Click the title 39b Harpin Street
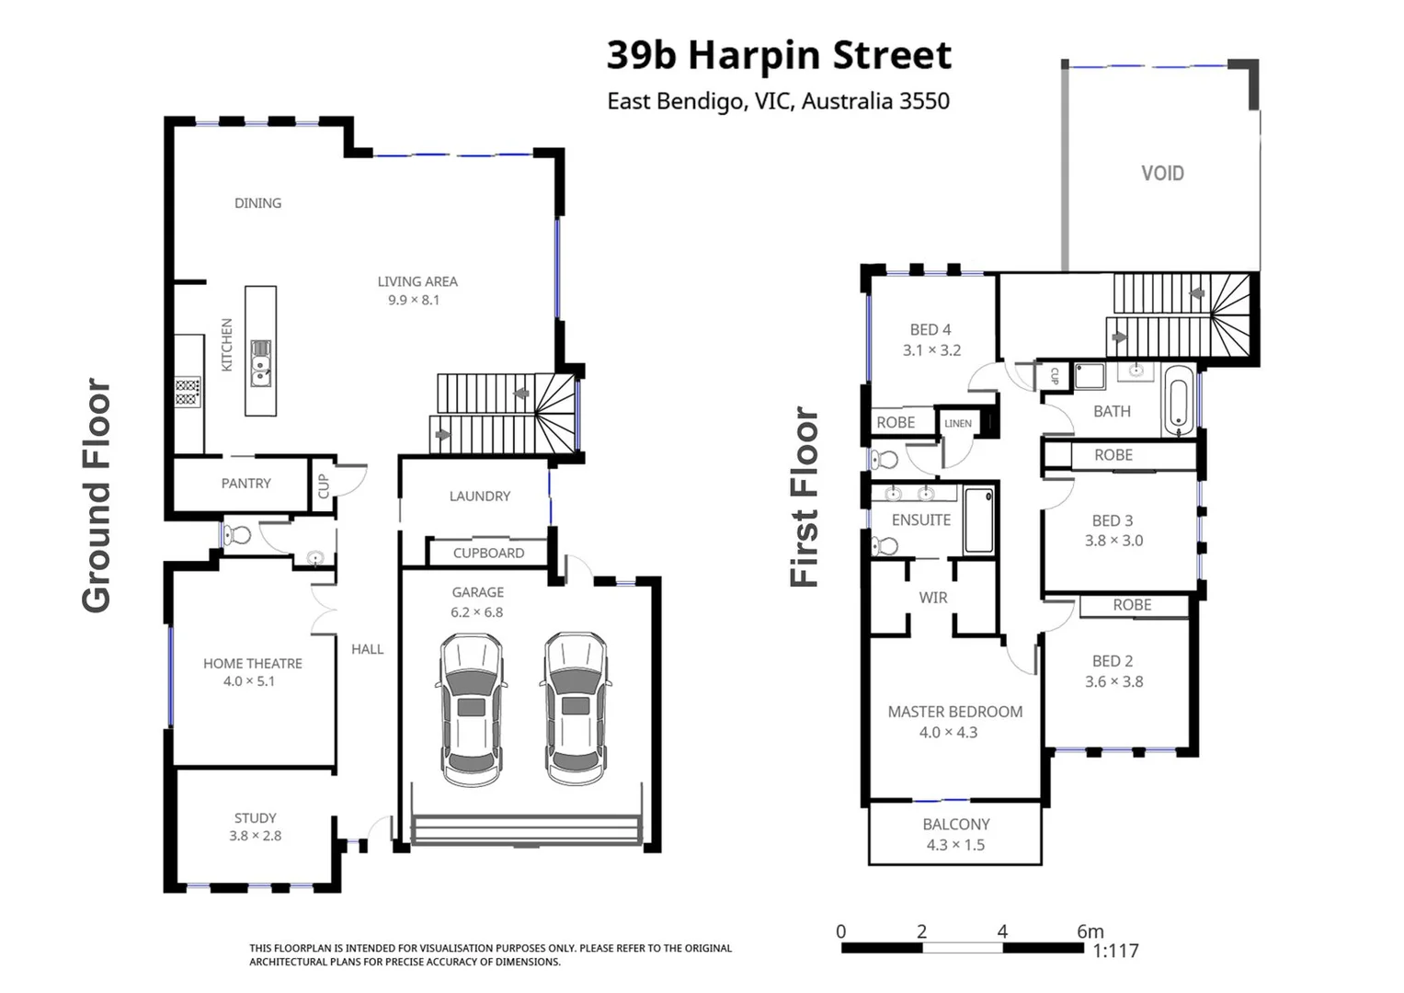point(779,55)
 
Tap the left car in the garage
point(471,709)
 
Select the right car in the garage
point(576,709)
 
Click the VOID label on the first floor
point(1162,173)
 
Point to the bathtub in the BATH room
point(1178,401)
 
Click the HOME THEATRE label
point(253,663)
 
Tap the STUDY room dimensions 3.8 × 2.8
point(256,836)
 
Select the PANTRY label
point(245,483)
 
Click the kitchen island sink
point(261,361)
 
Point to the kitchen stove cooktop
point(188,392)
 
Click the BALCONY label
point(956,825)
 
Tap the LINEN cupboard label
point(957,423)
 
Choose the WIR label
point(932,598)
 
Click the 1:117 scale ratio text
point(1115,952)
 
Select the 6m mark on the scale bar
point(1090,931)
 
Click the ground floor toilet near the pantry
point(239,534)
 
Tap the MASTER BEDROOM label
point(954,712)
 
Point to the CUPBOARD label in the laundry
point(488,553)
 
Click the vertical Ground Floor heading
point(97,496)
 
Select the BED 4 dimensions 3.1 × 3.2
point(931,350)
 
